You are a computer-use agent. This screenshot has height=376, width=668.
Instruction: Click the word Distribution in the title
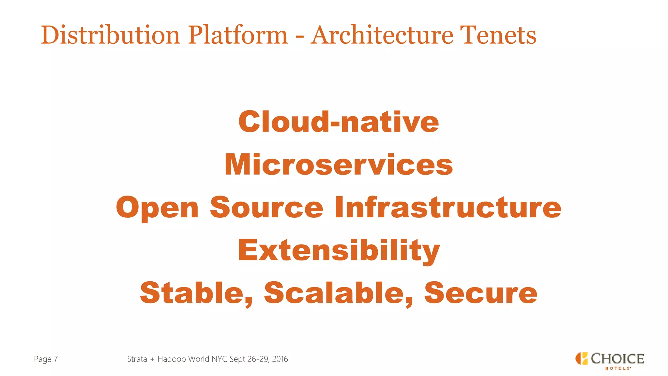[110, 35]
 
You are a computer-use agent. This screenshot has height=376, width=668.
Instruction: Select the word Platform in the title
[238, 35]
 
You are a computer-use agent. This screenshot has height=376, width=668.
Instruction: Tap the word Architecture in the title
[382, 35]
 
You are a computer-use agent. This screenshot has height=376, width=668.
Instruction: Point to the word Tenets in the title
[498, 35]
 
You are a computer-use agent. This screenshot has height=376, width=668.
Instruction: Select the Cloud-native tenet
[339, 122]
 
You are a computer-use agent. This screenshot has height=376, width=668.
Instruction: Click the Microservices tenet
[339, 164]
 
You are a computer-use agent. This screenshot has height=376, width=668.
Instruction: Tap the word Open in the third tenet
[157, 208]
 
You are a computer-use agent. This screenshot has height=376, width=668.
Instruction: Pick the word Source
[266, 208]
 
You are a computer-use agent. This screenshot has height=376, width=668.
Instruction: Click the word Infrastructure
[448, 208]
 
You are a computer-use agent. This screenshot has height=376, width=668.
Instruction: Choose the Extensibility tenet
[339, 251]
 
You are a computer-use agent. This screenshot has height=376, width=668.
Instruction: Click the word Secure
[480, 293]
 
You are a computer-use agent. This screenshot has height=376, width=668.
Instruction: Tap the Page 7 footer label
[46, 359]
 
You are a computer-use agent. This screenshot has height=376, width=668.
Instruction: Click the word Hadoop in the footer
[172, 359]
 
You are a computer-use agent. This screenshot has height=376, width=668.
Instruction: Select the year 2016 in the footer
[280, 359]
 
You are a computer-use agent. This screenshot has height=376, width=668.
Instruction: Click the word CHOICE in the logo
[617, 359]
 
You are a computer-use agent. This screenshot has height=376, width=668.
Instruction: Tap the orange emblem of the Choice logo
[581, 358]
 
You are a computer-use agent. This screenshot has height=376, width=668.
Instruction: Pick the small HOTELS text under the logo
[617, 368]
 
